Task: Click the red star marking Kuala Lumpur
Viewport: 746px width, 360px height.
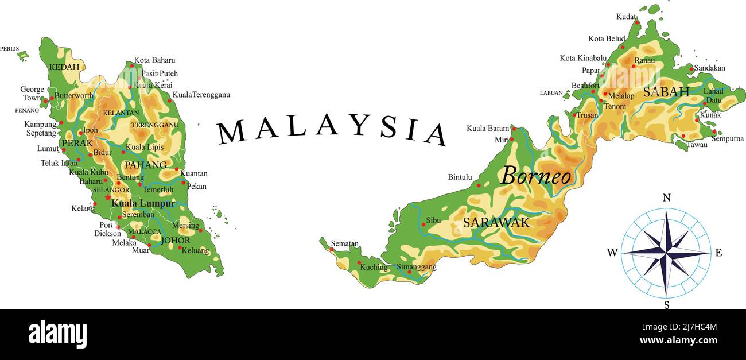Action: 108,198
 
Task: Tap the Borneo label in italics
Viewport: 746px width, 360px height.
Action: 536,176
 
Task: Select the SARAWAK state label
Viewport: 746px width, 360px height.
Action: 496,223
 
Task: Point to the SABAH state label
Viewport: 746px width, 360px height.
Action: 666,92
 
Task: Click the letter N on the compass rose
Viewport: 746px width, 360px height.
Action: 666,198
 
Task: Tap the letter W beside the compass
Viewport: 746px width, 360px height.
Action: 612,253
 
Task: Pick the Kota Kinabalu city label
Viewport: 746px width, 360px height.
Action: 583,58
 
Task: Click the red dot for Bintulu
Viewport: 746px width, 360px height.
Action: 479,185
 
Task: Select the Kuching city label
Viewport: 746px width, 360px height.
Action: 374,267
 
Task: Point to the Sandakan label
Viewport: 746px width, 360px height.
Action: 709,68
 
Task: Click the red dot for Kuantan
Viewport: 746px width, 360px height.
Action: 177,169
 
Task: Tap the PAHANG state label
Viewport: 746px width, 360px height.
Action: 146,165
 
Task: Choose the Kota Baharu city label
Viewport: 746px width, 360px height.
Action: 154,60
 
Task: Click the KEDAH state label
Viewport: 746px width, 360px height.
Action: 64,67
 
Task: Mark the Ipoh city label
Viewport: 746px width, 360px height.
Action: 91,130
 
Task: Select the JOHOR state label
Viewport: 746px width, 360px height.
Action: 176,241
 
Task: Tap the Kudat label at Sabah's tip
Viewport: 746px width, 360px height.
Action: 627,17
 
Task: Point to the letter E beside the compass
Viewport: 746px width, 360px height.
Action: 718,253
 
